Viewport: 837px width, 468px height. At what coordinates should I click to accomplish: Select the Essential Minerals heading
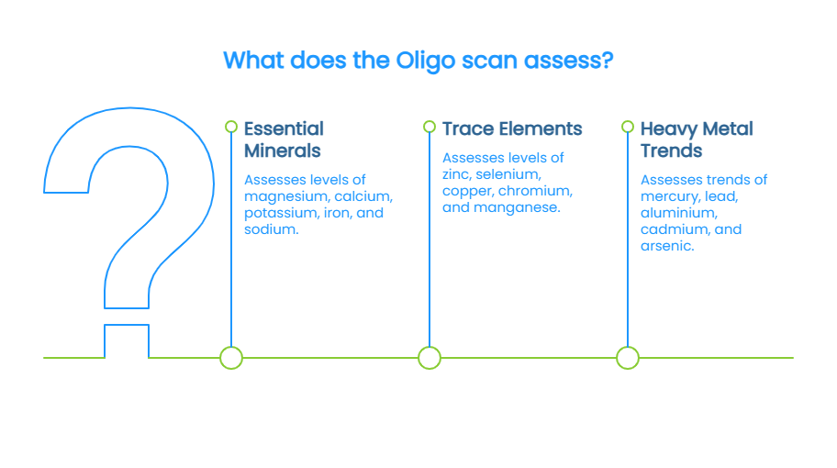pyautogui.click(x=284, y=139)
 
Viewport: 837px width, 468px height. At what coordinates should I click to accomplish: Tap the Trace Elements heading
pyautogui.click(x=512, y=128)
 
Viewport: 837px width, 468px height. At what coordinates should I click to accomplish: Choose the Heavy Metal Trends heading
pyautogui.click(x=697, y=139)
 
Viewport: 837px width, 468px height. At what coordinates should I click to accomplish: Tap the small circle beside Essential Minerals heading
pyautogui.click(x=231, y=127)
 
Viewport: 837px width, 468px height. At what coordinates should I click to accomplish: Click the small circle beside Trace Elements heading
pyautogui.click(x=430, y=127)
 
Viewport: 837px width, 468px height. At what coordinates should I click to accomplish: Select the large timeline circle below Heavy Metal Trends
pyautogui.click(x=628, y=358)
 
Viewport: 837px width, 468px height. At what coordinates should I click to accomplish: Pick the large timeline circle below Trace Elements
pyautogui.click(x=430, y=358)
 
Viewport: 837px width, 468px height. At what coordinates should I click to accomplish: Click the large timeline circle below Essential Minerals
pyautogui.click(x=231, y=358)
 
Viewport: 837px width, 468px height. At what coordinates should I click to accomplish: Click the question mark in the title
pyautogui.click(x=607, y=61)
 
